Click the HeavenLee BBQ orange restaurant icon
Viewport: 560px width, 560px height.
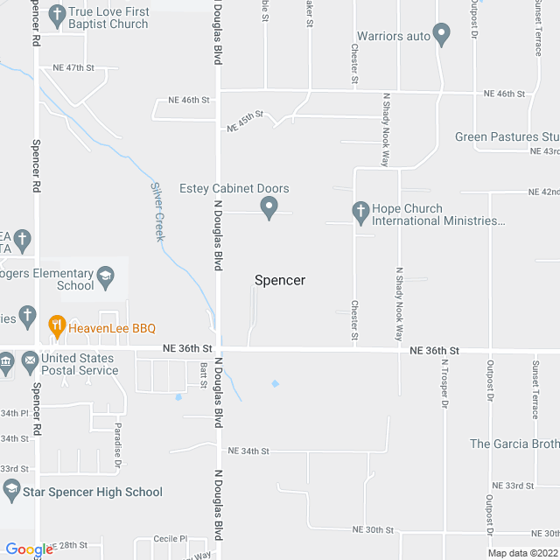click(57, 327)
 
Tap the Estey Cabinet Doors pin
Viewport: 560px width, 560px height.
click(269, 207)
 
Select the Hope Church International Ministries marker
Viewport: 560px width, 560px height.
click(360, 211)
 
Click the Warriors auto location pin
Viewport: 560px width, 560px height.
click(442, 36)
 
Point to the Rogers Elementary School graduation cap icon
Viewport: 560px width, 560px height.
click(106, 278)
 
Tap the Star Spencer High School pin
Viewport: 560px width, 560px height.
click(11, 491)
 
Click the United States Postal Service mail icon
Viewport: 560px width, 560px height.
click(31, 359)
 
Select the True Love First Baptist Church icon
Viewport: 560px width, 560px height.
click(57, 15)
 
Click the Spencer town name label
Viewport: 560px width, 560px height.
click(280, 280)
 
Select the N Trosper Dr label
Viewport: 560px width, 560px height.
click(444, 384)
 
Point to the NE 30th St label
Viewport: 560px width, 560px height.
click(373, 530)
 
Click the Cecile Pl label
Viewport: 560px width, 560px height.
click(171, 539)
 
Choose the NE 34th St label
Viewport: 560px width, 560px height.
click(248, 451)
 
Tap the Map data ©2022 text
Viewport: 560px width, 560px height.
click(521, 553)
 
